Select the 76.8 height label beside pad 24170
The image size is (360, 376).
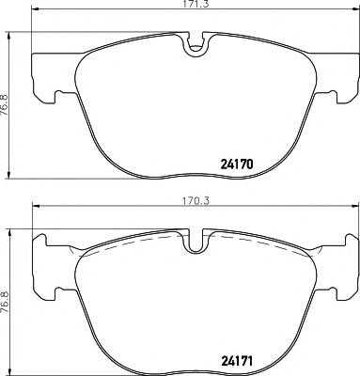pos(8,104)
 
